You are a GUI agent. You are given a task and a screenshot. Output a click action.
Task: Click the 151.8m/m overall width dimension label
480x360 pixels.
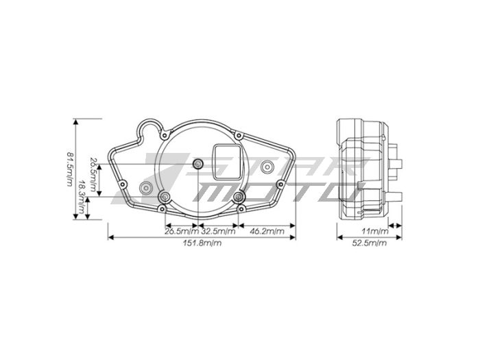click(202, 243)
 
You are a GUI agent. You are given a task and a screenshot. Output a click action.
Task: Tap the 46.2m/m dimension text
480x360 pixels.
click(266, 231)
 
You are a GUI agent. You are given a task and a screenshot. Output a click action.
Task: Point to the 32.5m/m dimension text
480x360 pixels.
click(217, 231)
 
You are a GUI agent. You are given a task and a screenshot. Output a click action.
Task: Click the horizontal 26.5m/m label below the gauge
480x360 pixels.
click(182, 231)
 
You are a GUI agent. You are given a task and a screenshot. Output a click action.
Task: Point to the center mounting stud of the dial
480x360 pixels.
click(199, 163)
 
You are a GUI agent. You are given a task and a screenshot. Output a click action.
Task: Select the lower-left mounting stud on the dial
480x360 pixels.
click(165, 197)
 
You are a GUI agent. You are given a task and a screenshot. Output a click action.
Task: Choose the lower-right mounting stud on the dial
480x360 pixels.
click(239, 197)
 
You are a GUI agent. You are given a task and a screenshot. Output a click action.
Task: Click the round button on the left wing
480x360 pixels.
click(145, 187)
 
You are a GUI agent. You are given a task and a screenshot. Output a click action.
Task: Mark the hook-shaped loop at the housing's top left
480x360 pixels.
click(150, 128)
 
